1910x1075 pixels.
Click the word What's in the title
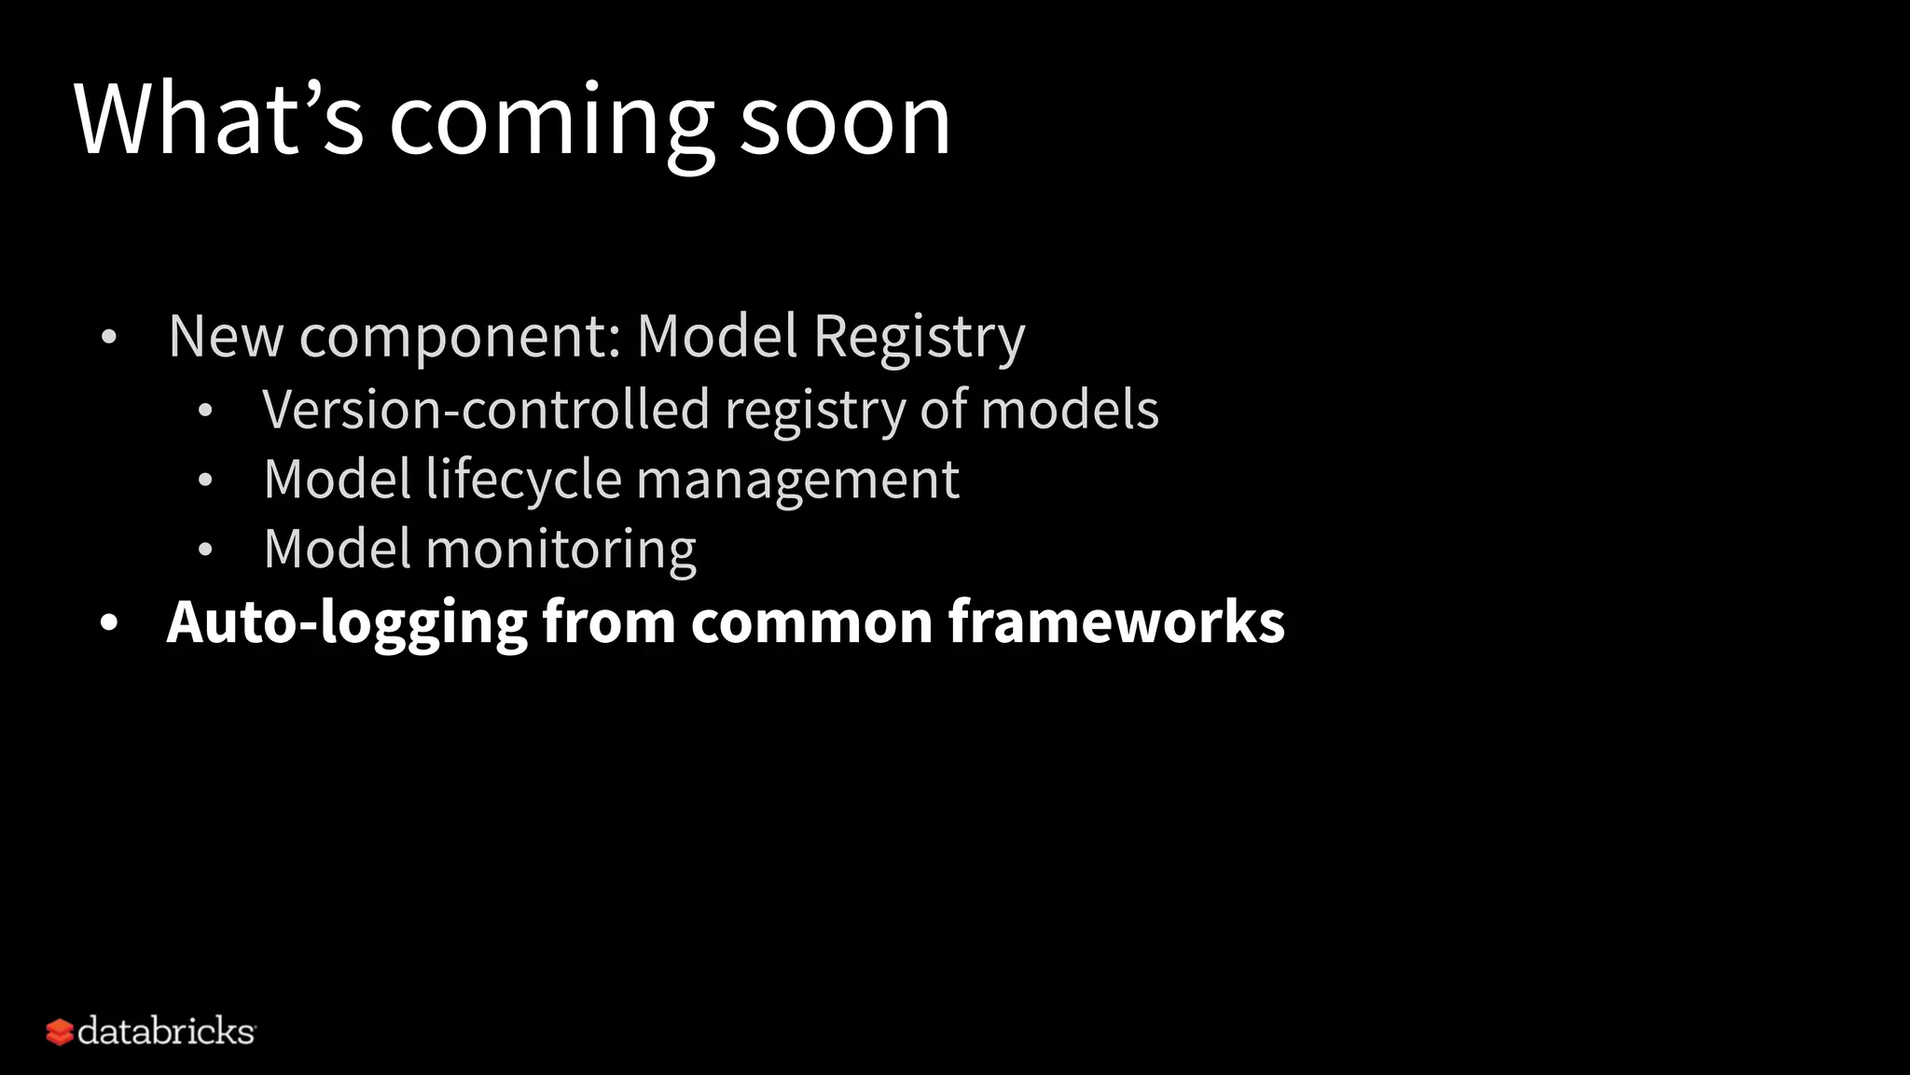click(x=218, y=119)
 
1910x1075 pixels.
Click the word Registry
click(x=919, y=338)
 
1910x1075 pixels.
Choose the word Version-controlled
click(x=486, y=410)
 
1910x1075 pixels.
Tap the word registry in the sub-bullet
click(x=814, y=412)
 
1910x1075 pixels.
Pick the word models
click(x=1070, y=410)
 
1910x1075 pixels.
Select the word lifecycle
click(x=523, y=481)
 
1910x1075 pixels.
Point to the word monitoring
click(x=561, y=551)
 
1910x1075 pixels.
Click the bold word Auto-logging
click(x=347, y=623)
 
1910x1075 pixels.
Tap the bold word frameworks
click(x=1116, y=621)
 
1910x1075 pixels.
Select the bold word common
click(x=811, y=623)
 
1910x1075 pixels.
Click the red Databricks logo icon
click(x=60, y=1032)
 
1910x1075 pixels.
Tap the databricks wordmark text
click(x=166, y=1031)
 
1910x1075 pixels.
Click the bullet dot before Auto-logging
click(x=109, y=623)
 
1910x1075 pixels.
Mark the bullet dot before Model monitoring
click(x=205, y=551)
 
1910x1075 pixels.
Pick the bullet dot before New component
click(x=109, y=338)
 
